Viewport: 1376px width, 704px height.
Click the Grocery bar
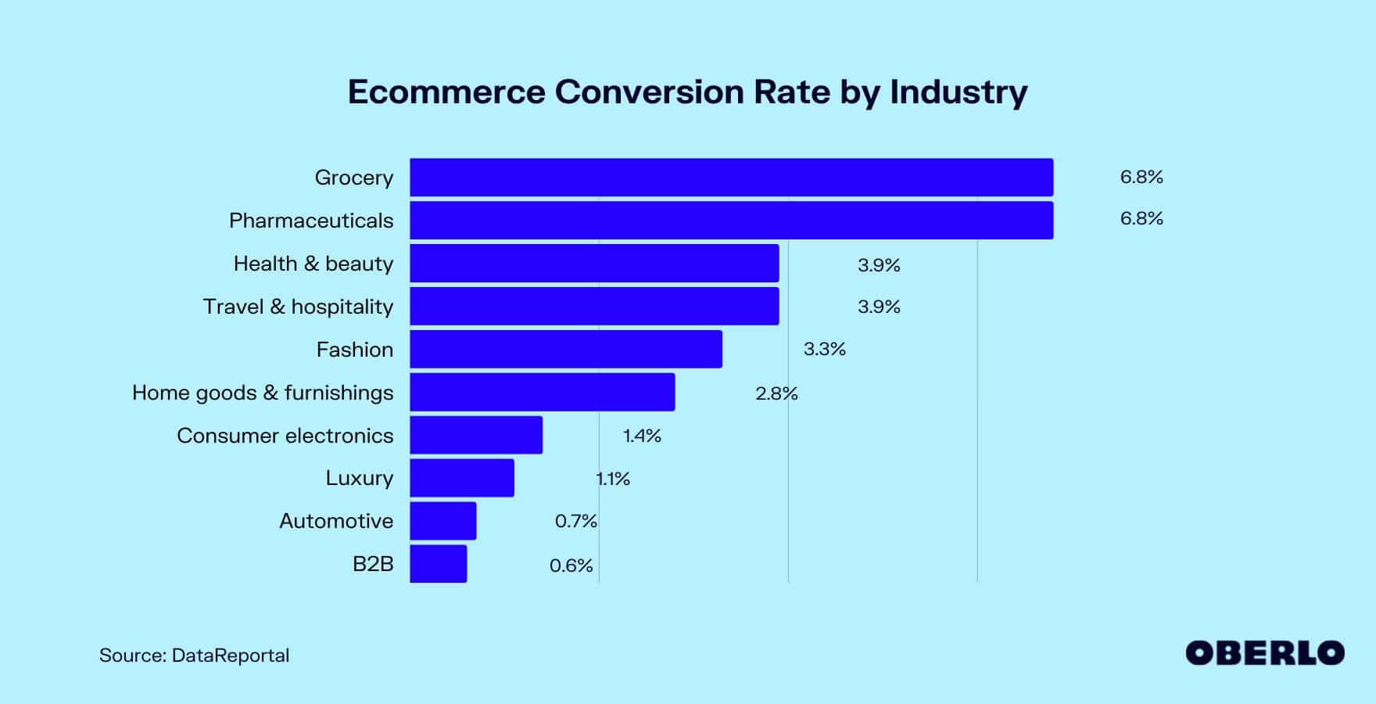tap(731, 178)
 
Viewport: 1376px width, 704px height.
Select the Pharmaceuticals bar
tap(731, 221)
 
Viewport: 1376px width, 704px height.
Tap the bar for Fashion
tap(565, 349)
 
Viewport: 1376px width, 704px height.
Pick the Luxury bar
tap(461, 478)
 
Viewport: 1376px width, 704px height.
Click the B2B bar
tap(438, 564)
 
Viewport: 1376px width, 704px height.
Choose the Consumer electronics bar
tap(475, 435)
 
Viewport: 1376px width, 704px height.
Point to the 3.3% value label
tap(824, 349)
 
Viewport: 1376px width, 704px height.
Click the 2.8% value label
tap(776, 393)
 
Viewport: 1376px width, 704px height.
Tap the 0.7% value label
tap(575, 521)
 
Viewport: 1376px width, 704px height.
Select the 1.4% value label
tap(641, 436)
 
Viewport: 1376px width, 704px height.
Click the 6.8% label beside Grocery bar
tap(1141, 178)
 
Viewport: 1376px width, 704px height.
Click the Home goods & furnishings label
tap(263, 393)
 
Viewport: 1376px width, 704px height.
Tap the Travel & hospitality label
tap(298, 307)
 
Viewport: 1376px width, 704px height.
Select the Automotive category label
tap(336, 521)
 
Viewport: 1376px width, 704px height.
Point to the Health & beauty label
tap(313, 264)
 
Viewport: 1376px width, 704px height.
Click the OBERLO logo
tap(1264, 653)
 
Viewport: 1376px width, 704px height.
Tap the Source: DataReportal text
tap(194, 656)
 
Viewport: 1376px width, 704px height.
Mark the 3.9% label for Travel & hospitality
tap(879, 307)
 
